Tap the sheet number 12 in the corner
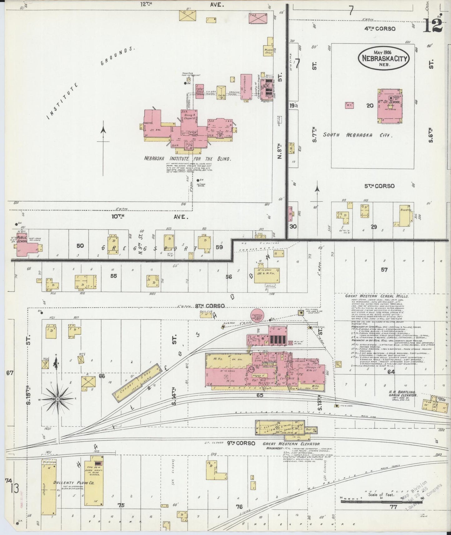tap(433, 25)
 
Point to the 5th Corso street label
tap(380, 186)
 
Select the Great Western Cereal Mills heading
tap(377, 296)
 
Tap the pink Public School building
tap(27, 247)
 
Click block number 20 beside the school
tap(370, 106)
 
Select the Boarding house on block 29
tap(405, 215)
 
